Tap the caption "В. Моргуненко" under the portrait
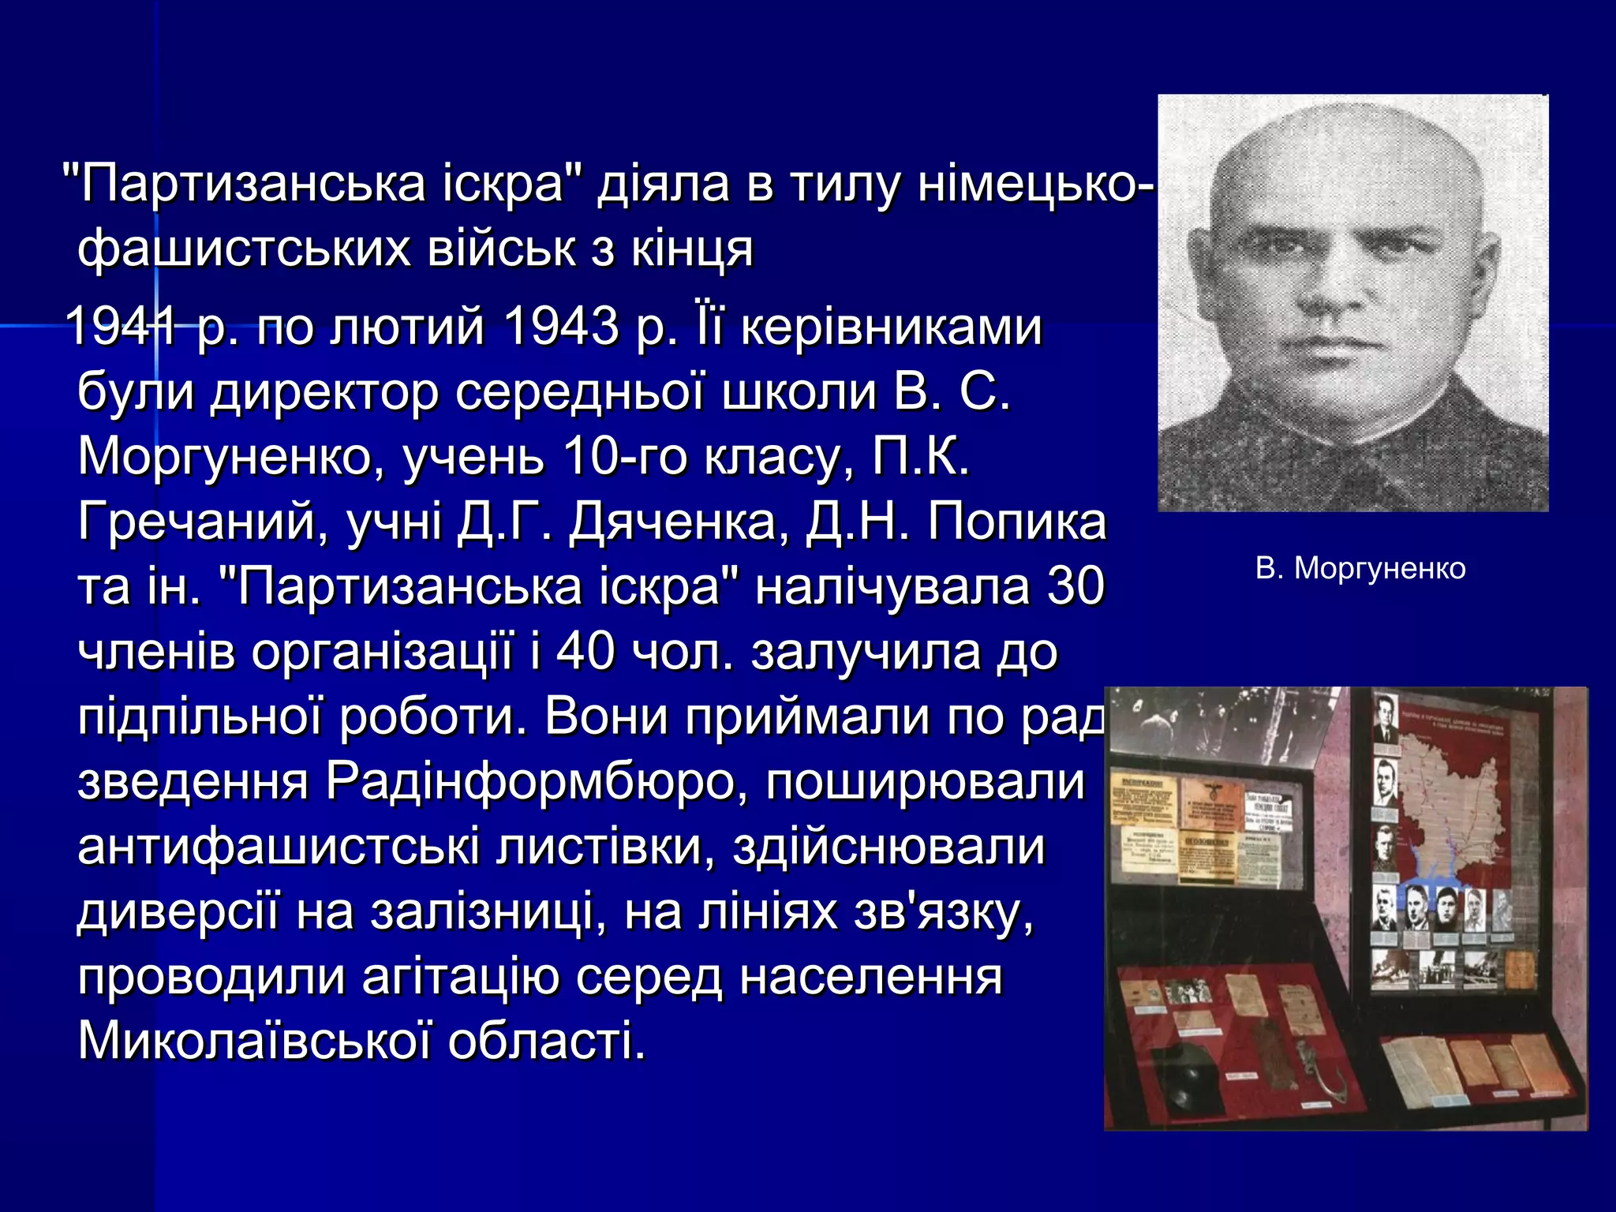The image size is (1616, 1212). pyautogui.click(x=1360, y=569)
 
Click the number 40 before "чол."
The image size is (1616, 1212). pyautogui.click(x=585, y=653)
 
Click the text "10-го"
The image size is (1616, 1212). pyautogui.click(x=624, y=457)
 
